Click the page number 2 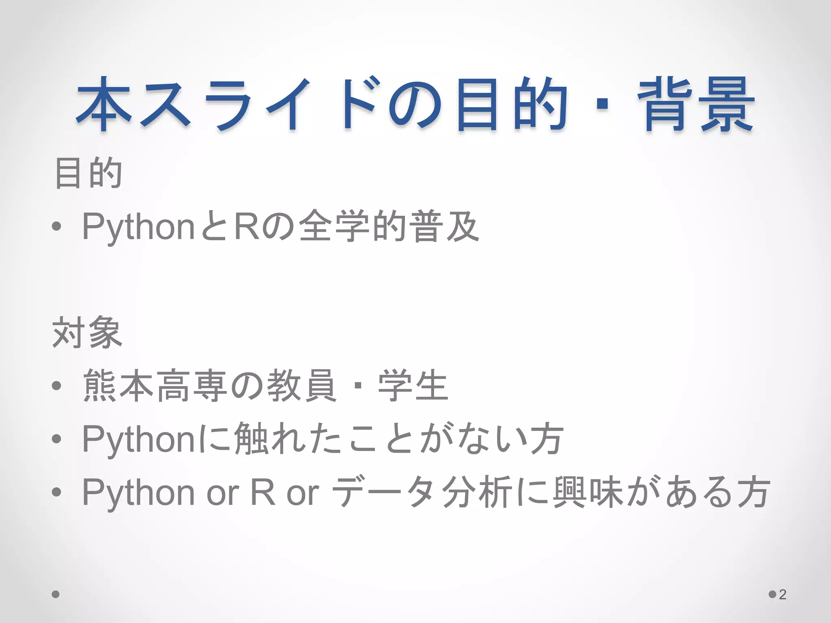click(783, 594)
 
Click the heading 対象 click(87, 333)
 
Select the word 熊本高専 click(154, 385)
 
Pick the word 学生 click(413, 385)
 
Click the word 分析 click(476, 492)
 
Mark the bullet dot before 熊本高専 click(57, 386)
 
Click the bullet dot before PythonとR click(57, 227)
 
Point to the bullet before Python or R click(57, 492)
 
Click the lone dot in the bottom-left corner click(56, 594)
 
